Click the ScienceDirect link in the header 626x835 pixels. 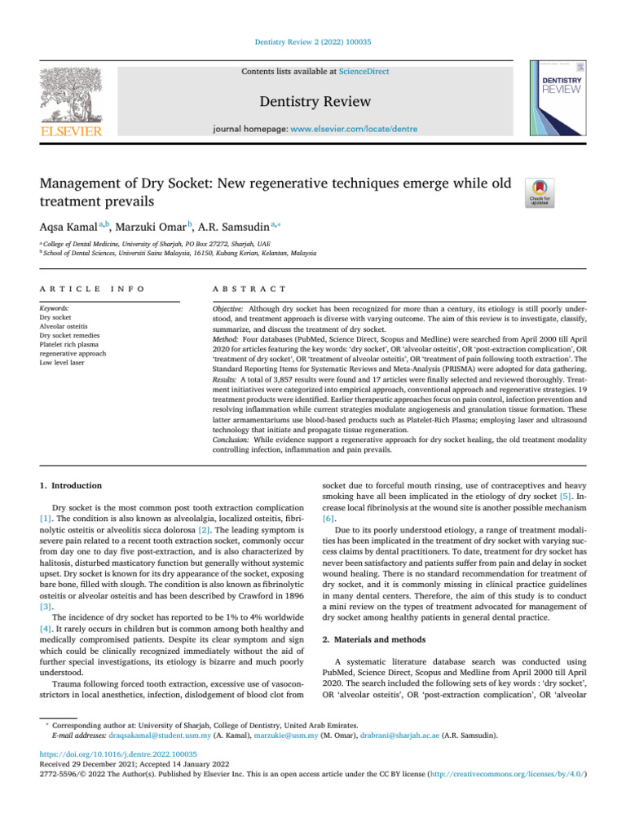pyautogui.click(x=364, y=72)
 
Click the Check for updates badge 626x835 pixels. pyautogui.click(x=541, y=192)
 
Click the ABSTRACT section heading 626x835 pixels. pyautogui.click(x=249, y=289)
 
